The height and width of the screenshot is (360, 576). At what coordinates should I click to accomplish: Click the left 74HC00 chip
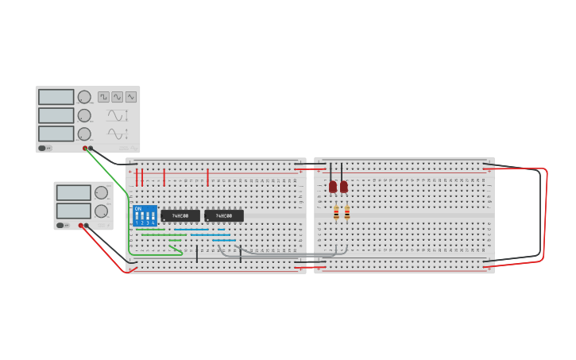pyautogui.click(x=180, y=215)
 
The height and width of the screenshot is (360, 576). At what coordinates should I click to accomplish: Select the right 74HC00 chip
pyautogui.click(x=224, y=215)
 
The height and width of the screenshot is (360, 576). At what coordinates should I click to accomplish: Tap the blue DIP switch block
pyautogui.click(x=145, y=215)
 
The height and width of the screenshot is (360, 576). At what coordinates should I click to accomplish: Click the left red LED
pyautogui.click(x=333, y=187)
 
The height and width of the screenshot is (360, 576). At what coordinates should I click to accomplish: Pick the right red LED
pyautogui.click(x=344, y=187)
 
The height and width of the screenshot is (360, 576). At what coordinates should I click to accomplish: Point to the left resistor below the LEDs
pyautogui.click(x=336, y=212)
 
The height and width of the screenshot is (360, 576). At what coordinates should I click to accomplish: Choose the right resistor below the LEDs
pyautogui.click(x=347, y=212)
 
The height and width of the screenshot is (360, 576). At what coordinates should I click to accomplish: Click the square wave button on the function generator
pyautogui.click(x=104, y=97)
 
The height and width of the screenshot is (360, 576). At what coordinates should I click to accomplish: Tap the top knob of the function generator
pyautogui.click(x=84, y=97)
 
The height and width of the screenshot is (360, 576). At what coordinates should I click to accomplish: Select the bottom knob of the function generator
pyautogui.click(x=84, y=134)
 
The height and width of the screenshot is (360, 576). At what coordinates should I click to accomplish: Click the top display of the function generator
pyautogui.click(x=56, y=97)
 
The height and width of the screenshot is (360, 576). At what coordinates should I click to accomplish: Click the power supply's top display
pyautogui.click(x=73, y=192)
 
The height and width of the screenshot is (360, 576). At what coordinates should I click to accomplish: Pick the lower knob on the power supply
pyautogui.click(x=101, y=211)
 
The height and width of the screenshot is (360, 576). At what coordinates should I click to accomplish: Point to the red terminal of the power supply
pyautogui.click(x=81, y=226)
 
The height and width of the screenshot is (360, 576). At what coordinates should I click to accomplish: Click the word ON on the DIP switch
pyautogui.click(x=138, y=209)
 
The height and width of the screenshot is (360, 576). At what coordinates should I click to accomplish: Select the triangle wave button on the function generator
pyautogui.click(x=131, y=97)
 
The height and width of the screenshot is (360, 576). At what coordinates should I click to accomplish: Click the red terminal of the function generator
pyautogui.click(x=85, y=148)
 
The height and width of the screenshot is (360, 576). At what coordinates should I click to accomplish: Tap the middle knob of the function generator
pyautogui.click(x=84, y=115)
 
